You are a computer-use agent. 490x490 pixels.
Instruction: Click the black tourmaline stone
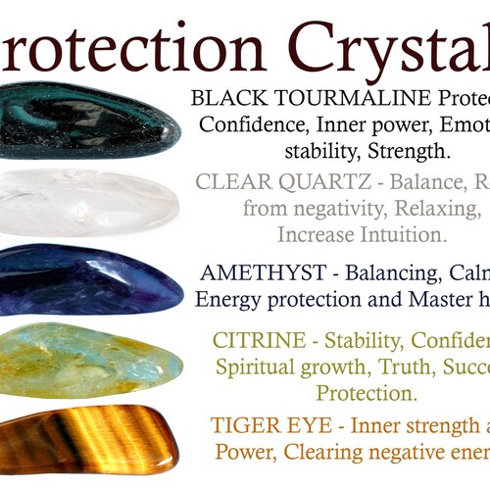point(88,120)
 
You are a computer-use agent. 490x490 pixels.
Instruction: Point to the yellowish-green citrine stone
point(88,360)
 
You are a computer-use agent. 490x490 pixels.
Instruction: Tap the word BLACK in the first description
point(226,98)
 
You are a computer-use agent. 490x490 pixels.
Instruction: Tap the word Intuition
point(399,235)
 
